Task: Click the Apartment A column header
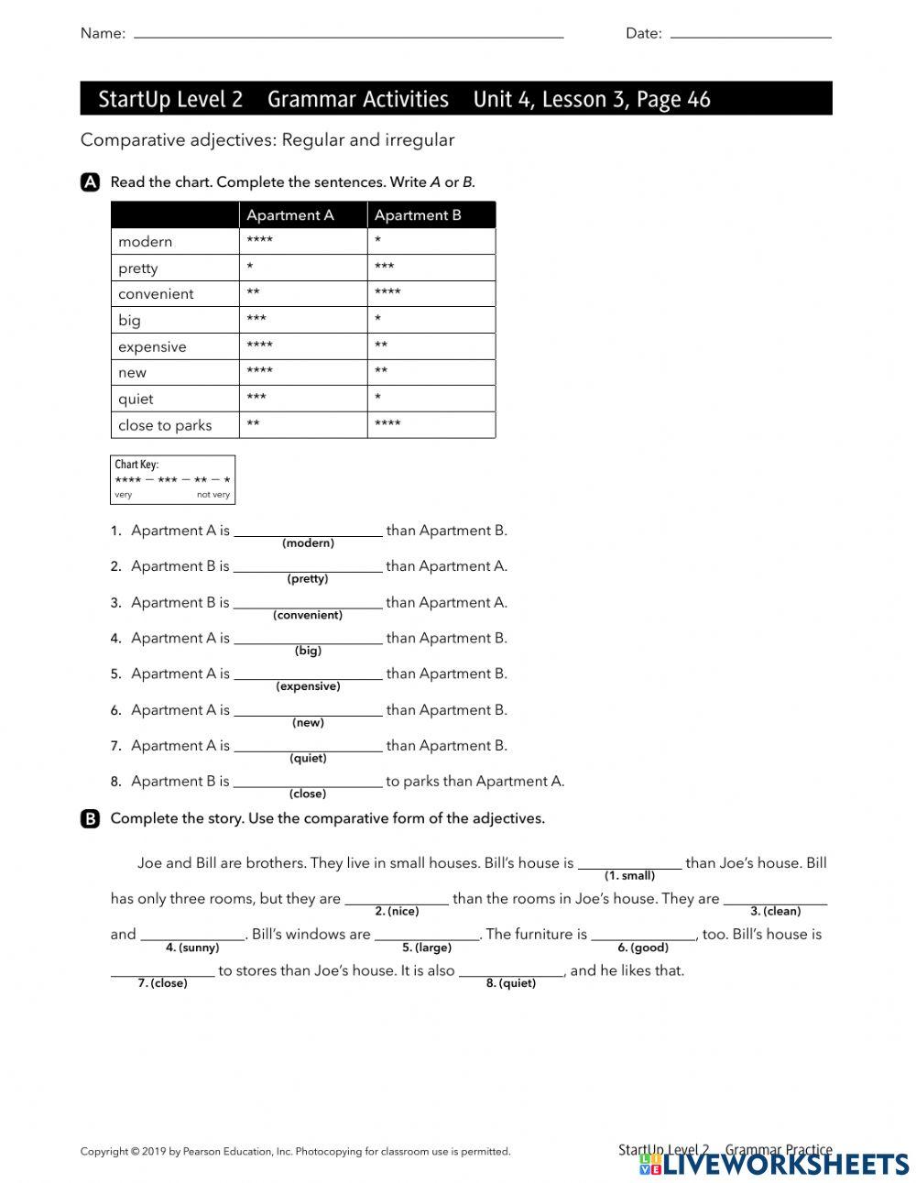point(290,215)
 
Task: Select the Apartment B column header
point(418,215)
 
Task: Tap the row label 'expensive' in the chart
point(152,347)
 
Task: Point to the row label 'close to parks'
point(165,425)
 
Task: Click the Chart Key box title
point(136,465)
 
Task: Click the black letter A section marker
point(90,182)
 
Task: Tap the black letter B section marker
point(90,819)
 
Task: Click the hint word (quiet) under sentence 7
point(308,759)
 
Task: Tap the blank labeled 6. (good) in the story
point(643,934)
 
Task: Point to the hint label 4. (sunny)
point(192,948)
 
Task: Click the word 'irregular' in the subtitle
point(419,140)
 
